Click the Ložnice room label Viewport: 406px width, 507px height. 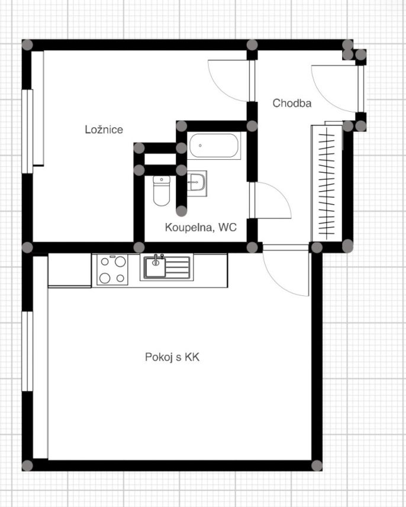pos(104,130)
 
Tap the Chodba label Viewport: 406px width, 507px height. pos(292,103)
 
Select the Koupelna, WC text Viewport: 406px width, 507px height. pos(201,227)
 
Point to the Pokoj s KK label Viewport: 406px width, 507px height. pos(172,357)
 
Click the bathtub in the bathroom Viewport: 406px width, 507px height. pos(214,146)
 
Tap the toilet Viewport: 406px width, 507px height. pos(162,190)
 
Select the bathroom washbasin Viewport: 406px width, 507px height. pos(196,183)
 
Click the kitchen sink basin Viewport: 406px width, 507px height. pos(155,267)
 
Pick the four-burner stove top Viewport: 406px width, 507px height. pos(112,270)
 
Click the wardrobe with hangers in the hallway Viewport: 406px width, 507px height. pos(327,183)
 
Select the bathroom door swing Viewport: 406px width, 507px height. pos(270,200)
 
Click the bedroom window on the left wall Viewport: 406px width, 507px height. pos(27,131)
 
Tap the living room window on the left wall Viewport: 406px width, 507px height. pos(27,351)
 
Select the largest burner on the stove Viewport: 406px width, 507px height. pos(120,261)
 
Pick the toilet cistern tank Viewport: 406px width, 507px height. pos(162,180)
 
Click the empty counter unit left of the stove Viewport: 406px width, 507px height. pos(70,270)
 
